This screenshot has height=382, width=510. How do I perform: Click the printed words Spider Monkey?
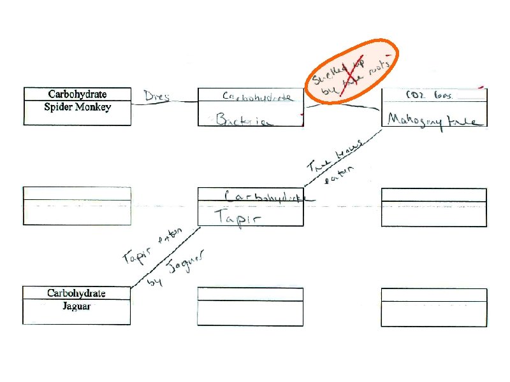coord(77,107)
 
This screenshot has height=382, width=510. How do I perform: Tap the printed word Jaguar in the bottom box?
coord(77,306)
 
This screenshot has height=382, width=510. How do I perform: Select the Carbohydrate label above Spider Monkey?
coord(77,94)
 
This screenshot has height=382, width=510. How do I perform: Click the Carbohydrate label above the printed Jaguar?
coord(76,294)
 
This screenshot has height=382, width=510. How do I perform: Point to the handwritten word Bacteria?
coord(245,120)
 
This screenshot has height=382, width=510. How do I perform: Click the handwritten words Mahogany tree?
coord(434,120)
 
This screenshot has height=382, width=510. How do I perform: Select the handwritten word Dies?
coord(157,97)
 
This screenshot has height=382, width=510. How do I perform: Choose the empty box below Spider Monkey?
coord(77,206)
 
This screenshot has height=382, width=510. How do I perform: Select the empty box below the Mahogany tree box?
coord(434,207)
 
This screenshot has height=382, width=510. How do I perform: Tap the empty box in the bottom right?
coord(434,307)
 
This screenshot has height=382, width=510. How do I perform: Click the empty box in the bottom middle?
coord(250,306)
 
